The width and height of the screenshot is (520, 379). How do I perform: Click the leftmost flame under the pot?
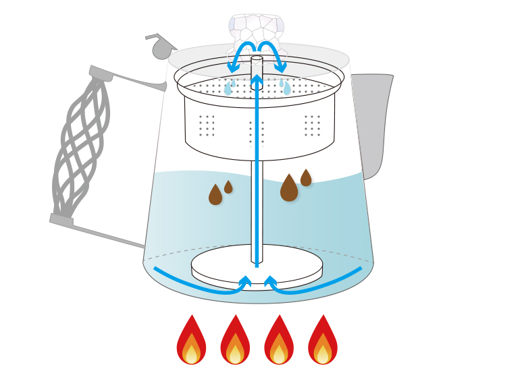(191, 342)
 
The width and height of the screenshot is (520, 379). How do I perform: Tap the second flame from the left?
(235, 342)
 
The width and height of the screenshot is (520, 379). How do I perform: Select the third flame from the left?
(279, 342)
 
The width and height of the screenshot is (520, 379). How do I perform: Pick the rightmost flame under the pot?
(323, 342)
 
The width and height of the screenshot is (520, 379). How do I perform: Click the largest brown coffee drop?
(289, 189)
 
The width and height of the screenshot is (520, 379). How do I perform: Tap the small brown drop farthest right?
(306, 179)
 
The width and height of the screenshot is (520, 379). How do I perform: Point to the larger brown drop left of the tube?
(215, 196)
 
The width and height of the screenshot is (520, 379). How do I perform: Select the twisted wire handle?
(80, 145)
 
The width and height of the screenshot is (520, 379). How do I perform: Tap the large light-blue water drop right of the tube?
(287, 88)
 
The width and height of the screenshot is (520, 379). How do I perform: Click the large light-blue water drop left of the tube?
(228, 88)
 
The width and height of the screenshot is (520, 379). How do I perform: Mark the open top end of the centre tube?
(257, 59)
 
